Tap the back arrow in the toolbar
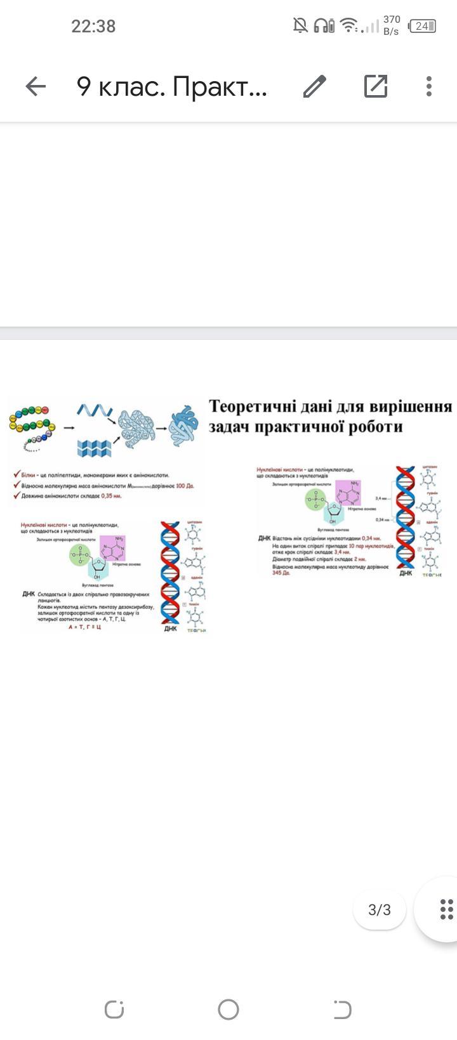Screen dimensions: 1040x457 [36, 86]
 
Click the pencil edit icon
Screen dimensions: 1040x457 [314, 86]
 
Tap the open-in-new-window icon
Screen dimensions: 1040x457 [376, 86]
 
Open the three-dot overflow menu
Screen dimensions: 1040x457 [429, 86]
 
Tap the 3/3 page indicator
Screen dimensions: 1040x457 [380, 910]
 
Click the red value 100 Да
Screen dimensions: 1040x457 [185, 486]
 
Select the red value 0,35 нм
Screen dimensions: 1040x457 [111, 496]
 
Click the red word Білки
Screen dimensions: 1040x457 [29, 474]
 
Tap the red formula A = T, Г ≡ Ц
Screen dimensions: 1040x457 [84, 627]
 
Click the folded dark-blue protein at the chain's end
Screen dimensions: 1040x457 [185, 424]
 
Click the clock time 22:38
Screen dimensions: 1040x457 [93, 26]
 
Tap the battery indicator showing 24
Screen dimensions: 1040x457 [423, 26]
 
